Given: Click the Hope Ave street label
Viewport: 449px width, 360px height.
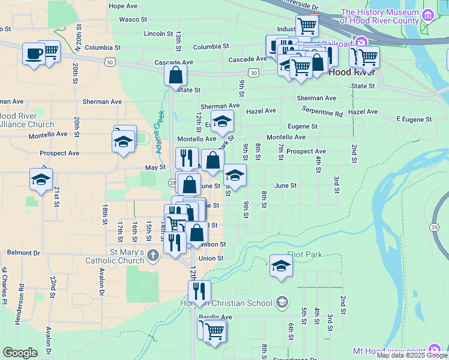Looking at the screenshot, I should [123, 6].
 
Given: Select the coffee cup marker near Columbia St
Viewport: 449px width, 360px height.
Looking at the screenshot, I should [34, 53].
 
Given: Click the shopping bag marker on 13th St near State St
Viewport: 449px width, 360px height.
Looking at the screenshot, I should [176, 74].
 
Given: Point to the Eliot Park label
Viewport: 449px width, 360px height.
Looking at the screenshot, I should [304, 254].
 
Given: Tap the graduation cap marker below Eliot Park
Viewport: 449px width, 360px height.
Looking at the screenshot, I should [280, 265].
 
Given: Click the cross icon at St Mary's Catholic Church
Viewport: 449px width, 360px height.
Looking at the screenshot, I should [153, 257].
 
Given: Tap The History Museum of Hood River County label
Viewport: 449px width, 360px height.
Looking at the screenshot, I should [388, 16].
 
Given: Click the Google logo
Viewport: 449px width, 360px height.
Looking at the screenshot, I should [20, 353].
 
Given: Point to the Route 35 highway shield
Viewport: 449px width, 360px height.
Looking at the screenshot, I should [434, 227].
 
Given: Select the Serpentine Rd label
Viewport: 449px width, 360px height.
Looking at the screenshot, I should [322, 112].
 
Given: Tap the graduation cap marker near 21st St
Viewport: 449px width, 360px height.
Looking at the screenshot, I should [41, 179].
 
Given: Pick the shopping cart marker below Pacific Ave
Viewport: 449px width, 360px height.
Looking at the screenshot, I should [214, 330].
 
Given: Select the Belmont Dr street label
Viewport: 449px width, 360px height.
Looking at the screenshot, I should [23, 253].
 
